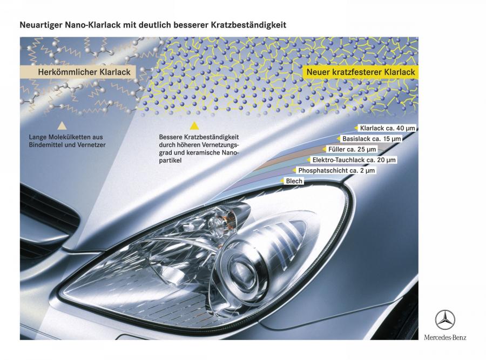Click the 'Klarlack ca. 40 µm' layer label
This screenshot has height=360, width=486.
coord(387,128)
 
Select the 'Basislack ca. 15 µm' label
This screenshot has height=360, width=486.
coord(371,139)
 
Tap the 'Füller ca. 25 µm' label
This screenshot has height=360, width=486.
coord(352,149)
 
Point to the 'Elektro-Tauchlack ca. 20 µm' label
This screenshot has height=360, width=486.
coord(354,160)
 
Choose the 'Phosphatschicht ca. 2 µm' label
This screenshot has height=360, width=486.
coord(336,170)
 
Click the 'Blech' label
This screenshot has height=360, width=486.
coord(294,181)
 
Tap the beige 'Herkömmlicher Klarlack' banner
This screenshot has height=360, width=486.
coord(78,72)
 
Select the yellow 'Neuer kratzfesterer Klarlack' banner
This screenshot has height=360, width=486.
coord(361,72)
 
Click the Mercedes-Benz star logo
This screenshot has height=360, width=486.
coord(445,320)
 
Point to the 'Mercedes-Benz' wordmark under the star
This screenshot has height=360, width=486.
coord(445,337)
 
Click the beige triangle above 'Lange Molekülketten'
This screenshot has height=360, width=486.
coord(62,125)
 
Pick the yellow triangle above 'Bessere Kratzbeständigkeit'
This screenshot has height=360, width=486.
coord(194,125)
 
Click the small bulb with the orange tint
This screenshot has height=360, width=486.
coord(219,222)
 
